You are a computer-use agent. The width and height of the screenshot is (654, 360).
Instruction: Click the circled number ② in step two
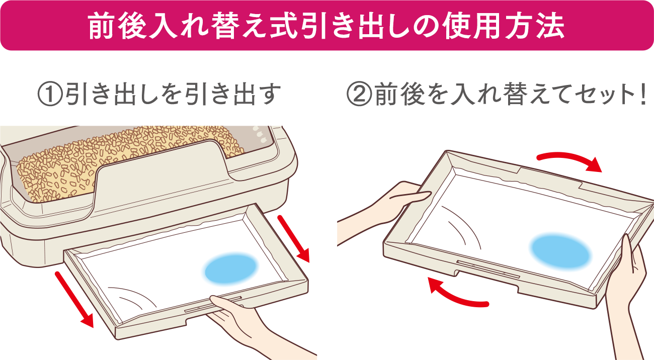pos(358,95)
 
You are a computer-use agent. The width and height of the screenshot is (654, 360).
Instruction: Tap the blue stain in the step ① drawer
pos(231,268)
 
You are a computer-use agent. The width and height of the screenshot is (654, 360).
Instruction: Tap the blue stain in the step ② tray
pos(559,250)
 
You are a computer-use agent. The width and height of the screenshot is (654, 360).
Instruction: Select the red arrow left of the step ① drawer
pos(74,299)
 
